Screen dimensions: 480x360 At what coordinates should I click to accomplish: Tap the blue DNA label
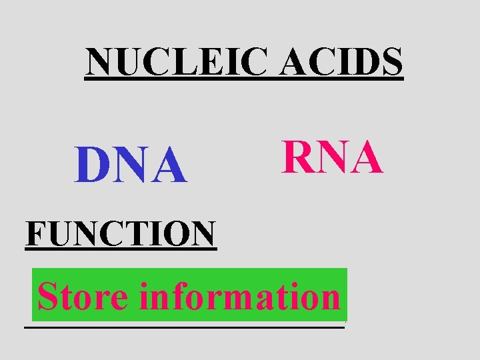[131, 166]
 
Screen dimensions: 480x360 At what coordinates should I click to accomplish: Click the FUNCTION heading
[121, 233]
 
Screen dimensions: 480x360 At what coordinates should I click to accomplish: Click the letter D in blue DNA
[92, 166]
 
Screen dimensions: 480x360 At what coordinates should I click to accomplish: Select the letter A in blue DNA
[169, 166]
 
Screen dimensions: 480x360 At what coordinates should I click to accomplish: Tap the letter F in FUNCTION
[35, 233]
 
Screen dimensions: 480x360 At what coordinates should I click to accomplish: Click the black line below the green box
[184, 326]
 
